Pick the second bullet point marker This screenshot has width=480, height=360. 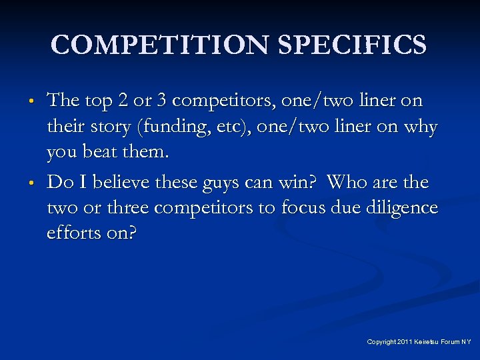coord(31,183)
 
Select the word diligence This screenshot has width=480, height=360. coord(399,208)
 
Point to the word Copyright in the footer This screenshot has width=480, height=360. coord(381,341)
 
